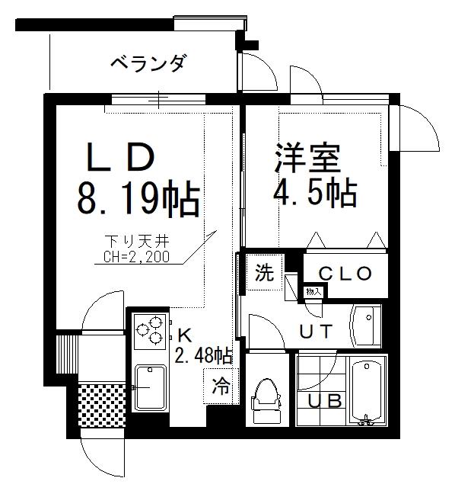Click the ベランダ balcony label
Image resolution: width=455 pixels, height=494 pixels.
[147, 63]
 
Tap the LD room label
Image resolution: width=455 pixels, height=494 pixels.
[122, 156]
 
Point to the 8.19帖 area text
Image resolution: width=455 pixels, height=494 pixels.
[138, 197]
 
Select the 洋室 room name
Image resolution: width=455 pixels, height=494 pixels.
[308, 159]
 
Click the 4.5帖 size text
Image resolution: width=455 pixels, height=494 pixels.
[315, 193]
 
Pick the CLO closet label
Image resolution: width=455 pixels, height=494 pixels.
[345, 274]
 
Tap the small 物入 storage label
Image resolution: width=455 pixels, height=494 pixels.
[313, 292]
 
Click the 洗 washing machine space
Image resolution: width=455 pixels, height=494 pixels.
[265, 272]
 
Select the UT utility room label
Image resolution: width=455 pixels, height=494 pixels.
[316, 331]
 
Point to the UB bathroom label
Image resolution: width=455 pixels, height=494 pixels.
[325, 401]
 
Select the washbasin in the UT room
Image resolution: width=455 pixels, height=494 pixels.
[366, 326]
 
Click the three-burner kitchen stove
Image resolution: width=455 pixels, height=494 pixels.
[150, 331]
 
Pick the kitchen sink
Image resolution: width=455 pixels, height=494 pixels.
[151, 387]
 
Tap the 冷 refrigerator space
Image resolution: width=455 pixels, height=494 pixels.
[221, 386]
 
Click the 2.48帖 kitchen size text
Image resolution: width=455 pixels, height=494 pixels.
[204, 356]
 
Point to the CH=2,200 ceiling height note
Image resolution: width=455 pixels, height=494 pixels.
[136, 257]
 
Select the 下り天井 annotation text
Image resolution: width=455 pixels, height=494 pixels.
[137, 242]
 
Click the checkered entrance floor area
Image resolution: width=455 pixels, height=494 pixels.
[102, 406]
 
